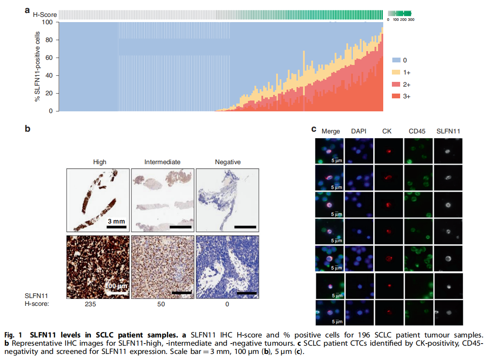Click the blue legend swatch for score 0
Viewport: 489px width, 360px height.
coord(397,60)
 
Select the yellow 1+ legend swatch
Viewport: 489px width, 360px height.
coord(397,72)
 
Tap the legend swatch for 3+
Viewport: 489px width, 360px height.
coord(397,96)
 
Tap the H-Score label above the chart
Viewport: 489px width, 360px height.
coord(45,15)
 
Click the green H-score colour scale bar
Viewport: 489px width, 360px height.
coord(399,13)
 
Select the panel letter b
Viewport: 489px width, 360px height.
coord(27,129)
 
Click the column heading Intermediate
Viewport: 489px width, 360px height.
coord(162,162)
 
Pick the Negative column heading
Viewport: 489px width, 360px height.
coord(228,162)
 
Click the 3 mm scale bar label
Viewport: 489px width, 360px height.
coord(116,221)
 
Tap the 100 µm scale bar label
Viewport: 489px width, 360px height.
coord(116,286)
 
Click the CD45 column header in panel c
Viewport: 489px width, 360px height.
coord(417,131)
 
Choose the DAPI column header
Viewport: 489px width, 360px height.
coord(359,131)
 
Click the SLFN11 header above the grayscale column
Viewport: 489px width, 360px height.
coord(449,131)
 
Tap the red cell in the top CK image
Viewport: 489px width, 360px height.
coord(389,152)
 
